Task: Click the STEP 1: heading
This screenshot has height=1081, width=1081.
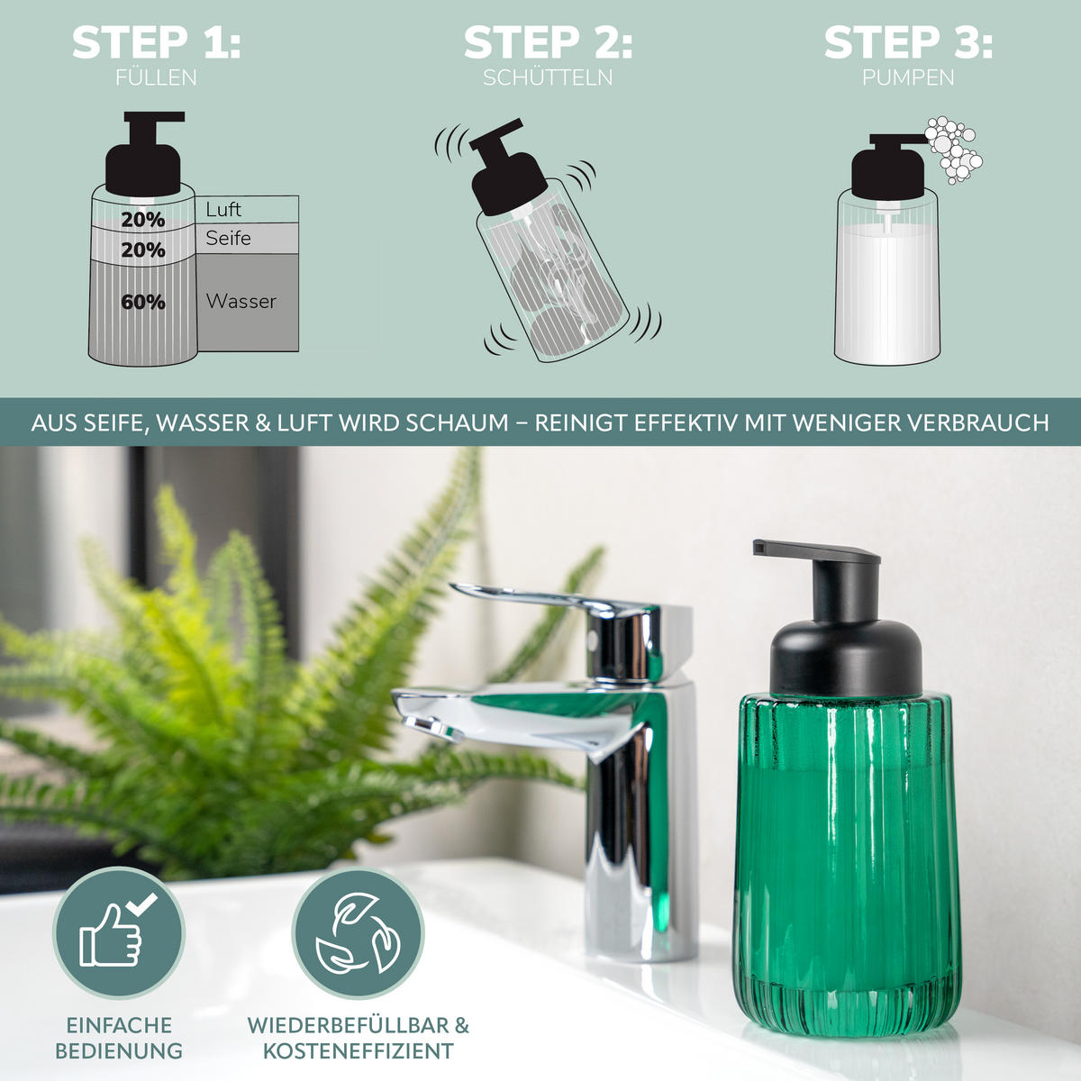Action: tap(157, 42)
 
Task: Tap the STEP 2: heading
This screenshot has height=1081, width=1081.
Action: tap(548, 42)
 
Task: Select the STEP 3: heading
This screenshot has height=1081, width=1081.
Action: tap(908, 42)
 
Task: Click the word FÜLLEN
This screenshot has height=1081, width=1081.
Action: tap(156, 77)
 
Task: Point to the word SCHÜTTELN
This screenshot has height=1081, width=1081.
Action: tap(548, 77)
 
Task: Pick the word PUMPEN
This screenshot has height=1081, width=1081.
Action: tap(908, 77)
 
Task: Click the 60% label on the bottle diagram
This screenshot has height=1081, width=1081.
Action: tap(143, 303)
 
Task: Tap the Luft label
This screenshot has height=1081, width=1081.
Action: tap(223, 209)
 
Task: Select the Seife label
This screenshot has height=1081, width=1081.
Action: tap(228, 238)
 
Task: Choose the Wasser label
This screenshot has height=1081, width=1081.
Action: tap(241, 301)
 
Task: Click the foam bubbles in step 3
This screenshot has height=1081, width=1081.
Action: tap(953, 150)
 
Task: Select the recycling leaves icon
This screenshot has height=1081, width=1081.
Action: tap(358, 933)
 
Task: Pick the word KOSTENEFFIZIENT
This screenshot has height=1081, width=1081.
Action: tap(358, 1050)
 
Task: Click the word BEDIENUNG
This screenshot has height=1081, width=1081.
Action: tap(119, 1050)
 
